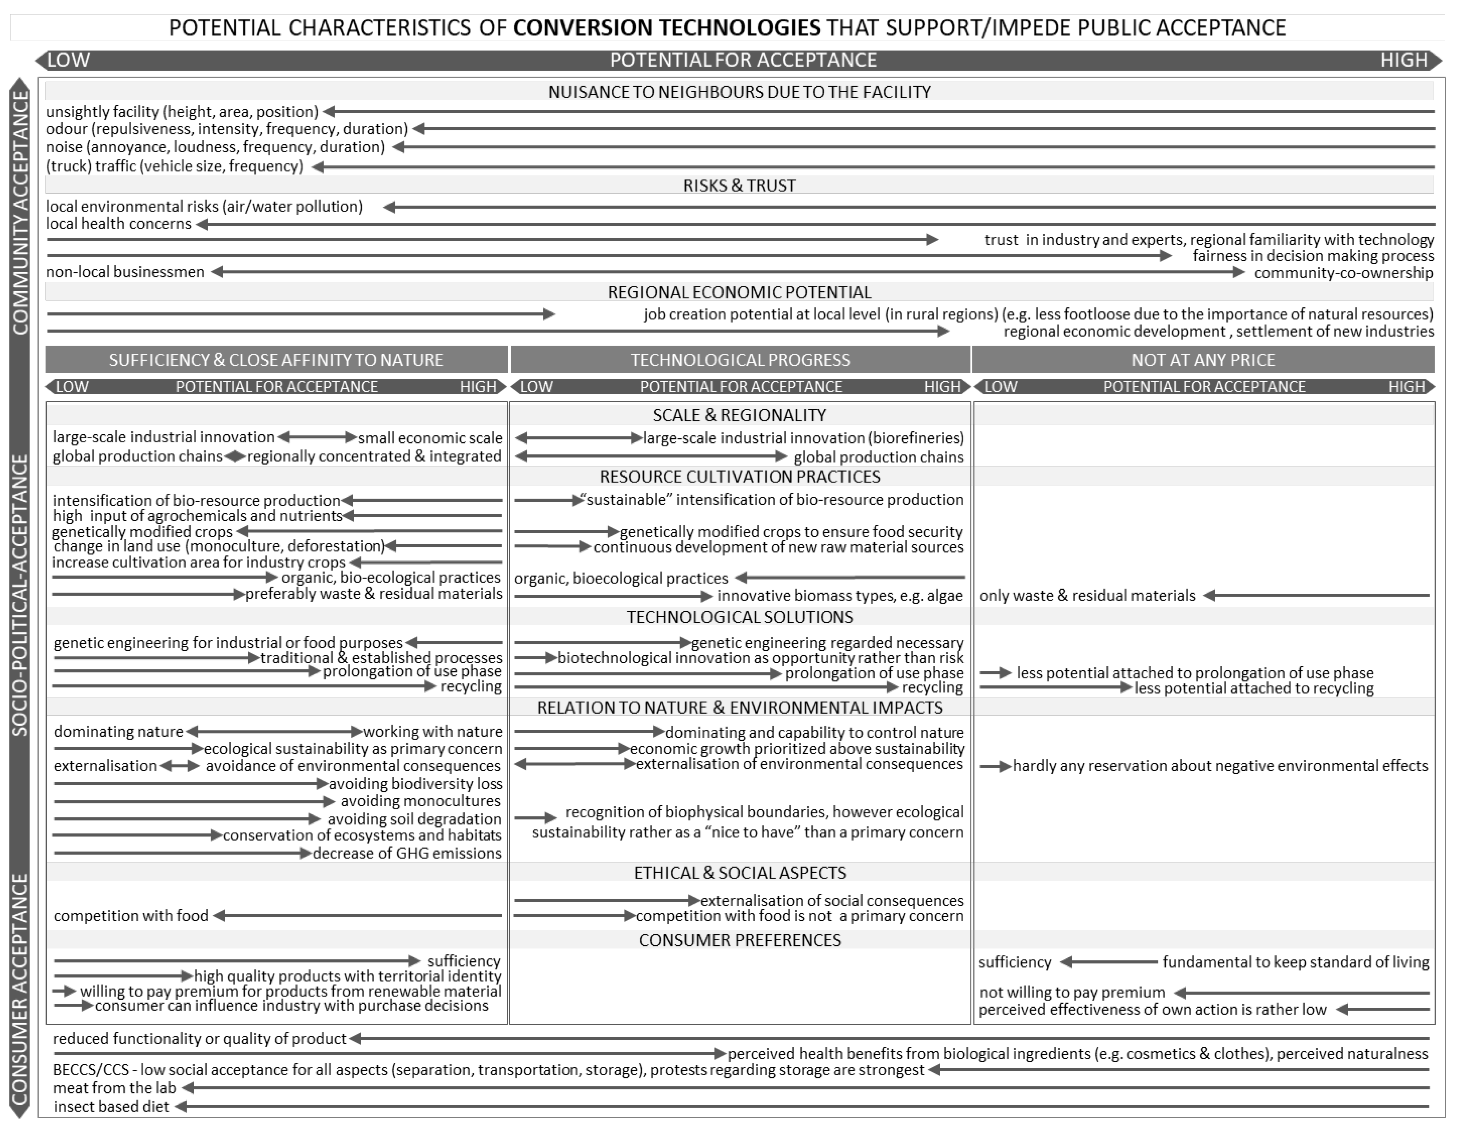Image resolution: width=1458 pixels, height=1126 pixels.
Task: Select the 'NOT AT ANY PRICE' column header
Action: click(1203, 360)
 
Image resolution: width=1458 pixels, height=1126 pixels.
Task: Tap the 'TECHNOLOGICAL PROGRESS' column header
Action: click(740, 360)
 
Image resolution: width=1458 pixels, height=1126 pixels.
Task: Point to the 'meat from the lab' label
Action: click(114, 1088)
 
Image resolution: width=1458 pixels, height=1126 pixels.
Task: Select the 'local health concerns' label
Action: click(118, 224)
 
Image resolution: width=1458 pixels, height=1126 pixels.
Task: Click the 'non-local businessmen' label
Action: click(125, 272)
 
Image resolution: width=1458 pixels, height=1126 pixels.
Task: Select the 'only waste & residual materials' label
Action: click(1087, 595)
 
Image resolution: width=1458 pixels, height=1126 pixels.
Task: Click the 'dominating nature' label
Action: click(118, 732)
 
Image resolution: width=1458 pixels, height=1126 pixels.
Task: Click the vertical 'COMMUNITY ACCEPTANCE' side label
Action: click(21, 212)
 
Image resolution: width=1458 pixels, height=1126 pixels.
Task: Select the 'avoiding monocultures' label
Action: click(420, 801)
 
